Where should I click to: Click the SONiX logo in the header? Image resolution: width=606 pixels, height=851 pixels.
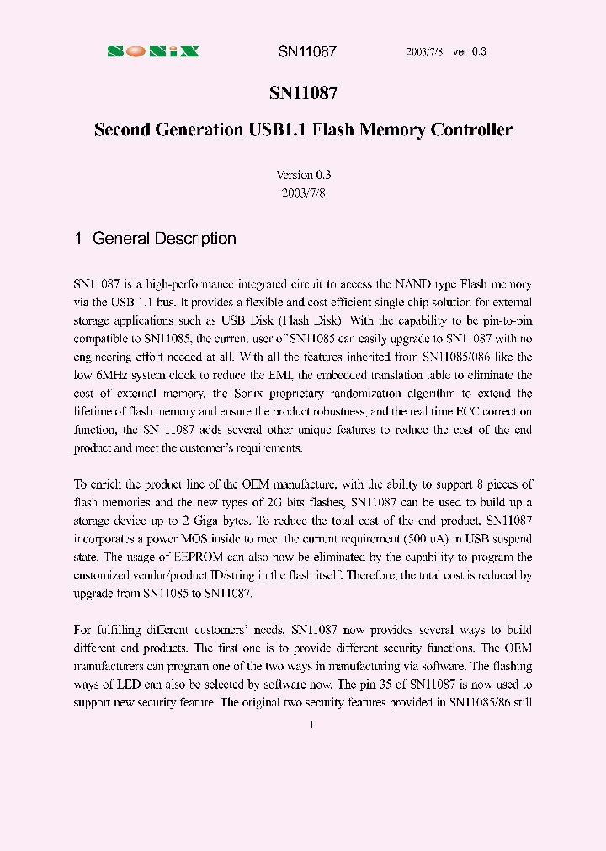(153, 51)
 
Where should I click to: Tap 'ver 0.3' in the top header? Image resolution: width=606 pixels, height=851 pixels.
(470, 51)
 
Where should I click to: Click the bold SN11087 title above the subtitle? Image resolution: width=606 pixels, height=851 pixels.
(303, 95)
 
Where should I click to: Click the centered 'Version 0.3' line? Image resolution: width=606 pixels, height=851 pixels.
(303, 175)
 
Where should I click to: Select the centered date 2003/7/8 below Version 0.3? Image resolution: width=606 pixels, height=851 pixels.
(303, 193)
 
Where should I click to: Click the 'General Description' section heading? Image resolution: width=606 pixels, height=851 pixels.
(163, 239)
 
